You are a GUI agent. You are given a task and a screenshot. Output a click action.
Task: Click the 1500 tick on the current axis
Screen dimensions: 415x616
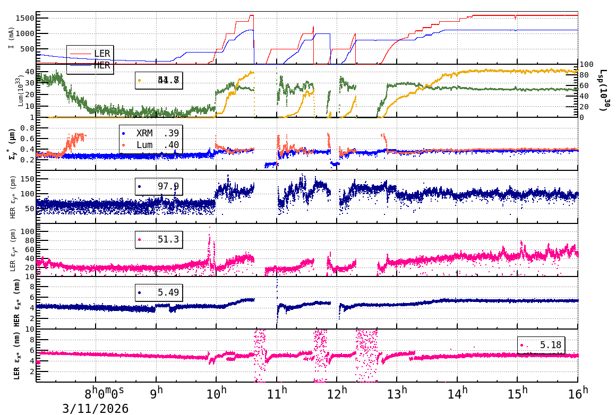coord(25,18)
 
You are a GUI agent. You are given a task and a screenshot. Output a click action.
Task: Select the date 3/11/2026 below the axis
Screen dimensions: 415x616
coord(96,408)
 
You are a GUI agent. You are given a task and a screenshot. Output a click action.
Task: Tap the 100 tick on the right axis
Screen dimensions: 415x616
coord(587,64)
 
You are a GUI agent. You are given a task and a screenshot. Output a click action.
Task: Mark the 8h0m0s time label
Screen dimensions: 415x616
coord(104,394)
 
